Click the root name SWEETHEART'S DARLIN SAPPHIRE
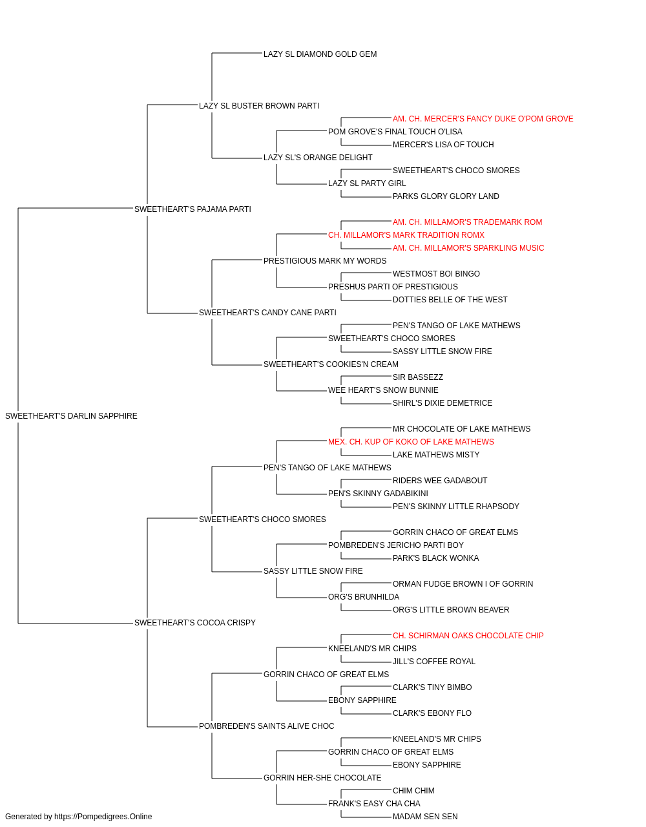[x=71, y=416]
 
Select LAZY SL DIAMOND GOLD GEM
[x=320, y=54]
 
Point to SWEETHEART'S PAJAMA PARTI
[x=193, y=209]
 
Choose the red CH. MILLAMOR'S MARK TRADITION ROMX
[x=406, y=235]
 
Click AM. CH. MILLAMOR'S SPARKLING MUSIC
[x=468, y=248]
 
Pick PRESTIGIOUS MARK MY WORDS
[x=325, y=261]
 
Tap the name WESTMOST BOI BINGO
[x=436, y=274]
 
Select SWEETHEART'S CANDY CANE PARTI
[x=267, y=313]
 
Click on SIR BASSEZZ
[x=418, y=377]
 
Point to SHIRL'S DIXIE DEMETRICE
[x=442, y=403]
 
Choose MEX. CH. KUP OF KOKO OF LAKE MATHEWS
[x=411, y=442]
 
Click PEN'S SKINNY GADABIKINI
[x=378, y=494]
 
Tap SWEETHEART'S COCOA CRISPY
[x=195, y=623]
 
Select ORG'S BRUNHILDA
[x=363, y=597]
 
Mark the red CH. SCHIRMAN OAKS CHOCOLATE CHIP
[x=468, y=636]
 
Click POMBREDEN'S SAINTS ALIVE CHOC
[x=266, y=726]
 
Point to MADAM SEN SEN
[x=425, y=817]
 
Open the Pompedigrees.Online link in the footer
[x=103, y=817]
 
